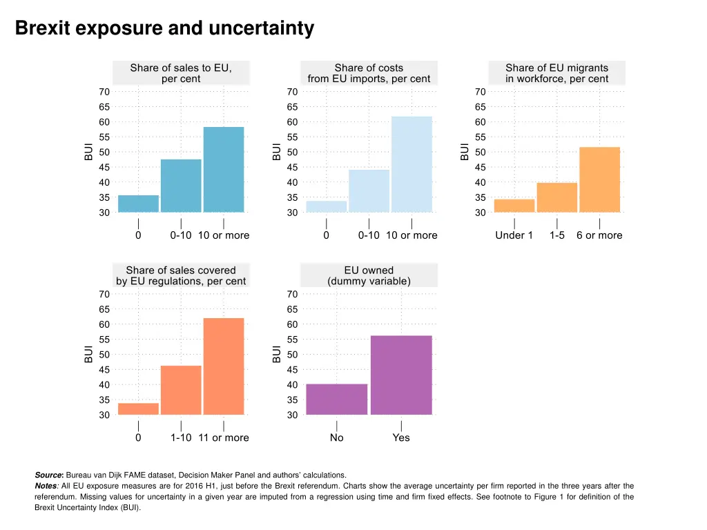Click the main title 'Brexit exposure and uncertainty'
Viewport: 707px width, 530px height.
[164, 28]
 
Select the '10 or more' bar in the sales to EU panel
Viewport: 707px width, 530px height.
[224, 170]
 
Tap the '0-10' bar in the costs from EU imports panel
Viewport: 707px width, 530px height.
[369, 190]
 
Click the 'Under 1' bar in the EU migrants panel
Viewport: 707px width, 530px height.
[514, 205]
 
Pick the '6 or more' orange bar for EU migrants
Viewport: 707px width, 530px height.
[599, 179]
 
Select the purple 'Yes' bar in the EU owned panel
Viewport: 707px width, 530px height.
[401, 375]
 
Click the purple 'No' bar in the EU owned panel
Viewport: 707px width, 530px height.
[337, 399]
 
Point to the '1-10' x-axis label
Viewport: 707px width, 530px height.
[181, 438]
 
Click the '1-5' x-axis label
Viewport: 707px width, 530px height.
[557, 235]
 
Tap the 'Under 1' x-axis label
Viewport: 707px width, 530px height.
[514, 235]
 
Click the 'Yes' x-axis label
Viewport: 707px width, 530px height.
[401, 438]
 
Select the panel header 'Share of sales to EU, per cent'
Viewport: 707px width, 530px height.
[181, 73]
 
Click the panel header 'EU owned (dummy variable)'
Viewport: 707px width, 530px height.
[369, 275]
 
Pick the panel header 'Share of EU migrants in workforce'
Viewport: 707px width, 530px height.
[556, 73]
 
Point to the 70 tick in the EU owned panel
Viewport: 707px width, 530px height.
[292, 294]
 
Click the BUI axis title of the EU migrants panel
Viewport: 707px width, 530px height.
[465, 152]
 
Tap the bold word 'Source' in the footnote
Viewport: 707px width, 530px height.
[48, 475]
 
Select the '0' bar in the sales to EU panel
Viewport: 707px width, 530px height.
[138, 204]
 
